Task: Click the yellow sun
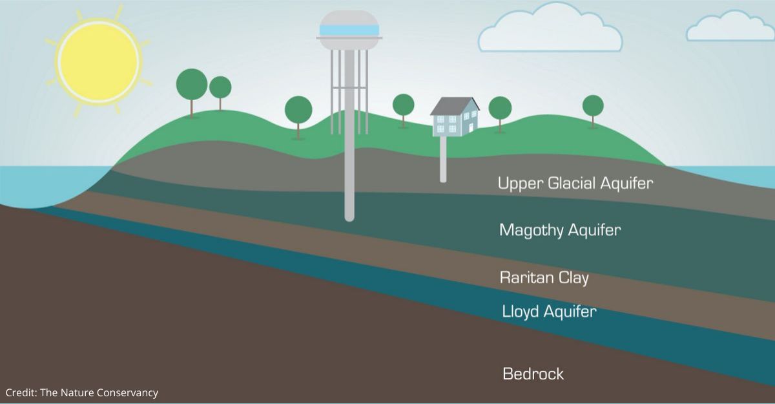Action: coord(99,61)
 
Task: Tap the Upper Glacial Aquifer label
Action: coord(575,183)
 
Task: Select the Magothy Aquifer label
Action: coord(560,230)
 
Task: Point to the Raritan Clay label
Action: coord(544,278)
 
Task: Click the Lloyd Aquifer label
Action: coord(549,311)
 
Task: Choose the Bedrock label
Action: coord(533,374)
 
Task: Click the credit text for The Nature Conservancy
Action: coord(82,392)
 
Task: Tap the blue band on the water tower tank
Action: coord(349,30)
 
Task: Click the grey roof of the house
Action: coord(454,106)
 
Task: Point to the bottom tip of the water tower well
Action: coord(349,220)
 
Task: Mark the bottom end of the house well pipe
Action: coord(443,181)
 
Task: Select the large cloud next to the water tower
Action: coord(550,28)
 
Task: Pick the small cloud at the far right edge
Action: coord(730,27)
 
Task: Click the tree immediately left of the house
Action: coord(404,110)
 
